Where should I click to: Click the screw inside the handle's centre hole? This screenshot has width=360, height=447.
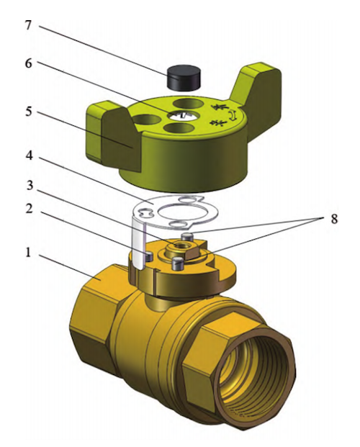(185, 115)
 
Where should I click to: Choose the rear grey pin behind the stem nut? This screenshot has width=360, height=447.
(188, 236)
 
